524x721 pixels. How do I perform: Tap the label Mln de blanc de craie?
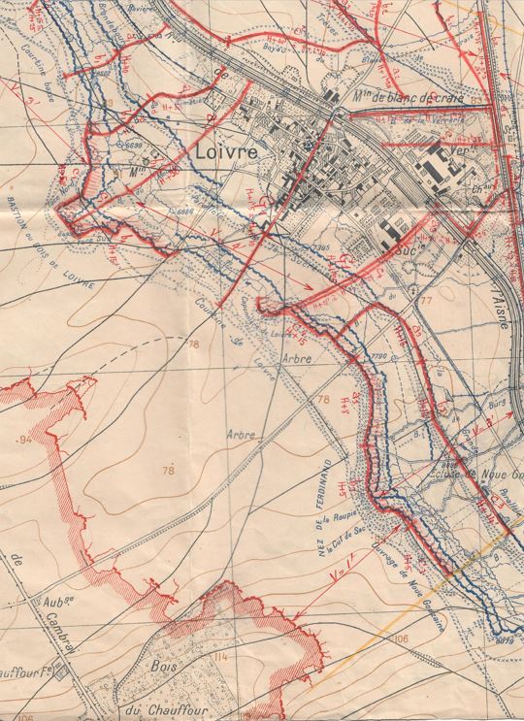click(x=409, y=97)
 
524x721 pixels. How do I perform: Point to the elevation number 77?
click(x=423, y=302)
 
